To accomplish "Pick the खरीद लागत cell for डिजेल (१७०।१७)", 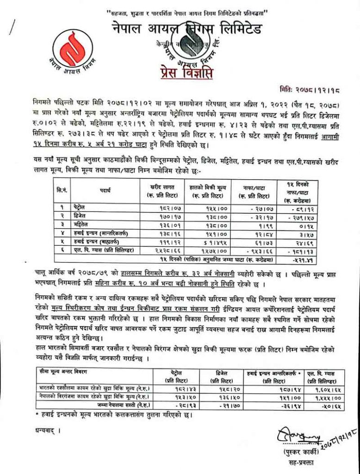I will click(159, 216).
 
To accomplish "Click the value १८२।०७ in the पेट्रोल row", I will click(159, 207).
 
